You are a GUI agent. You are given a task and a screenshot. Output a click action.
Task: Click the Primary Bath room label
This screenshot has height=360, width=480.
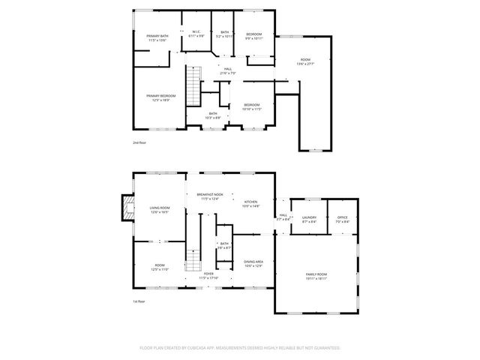(157, 38)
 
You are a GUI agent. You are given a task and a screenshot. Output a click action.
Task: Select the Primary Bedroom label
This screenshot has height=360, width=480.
(161, 97)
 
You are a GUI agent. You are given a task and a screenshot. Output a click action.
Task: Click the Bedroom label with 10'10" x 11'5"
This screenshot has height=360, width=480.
(251, 106)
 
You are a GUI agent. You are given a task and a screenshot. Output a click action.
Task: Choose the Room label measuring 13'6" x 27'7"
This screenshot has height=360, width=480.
(305, 61)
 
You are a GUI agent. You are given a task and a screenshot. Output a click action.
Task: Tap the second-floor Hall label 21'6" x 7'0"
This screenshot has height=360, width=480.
(228, 71)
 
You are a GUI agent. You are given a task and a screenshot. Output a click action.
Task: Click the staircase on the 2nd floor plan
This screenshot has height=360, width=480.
(194, 86)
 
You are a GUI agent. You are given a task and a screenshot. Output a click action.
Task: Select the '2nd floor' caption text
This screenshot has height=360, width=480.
(140, 141)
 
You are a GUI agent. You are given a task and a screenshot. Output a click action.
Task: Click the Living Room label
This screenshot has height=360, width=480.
(159, 209)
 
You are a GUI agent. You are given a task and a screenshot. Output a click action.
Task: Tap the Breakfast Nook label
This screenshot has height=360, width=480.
(211, 196)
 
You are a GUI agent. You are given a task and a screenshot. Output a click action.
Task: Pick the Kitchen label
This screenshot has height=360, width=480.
(250, 203)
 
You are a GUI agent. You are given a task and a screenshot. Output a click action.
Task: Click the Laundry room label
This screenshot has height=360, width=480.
(308, 220)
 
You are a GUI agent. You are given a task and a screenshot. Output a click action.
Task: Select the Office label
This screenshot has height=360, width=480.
(342, 220)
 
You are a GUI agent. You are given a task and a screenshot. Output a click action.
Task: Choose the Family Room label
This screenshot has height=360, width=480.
(316, 276)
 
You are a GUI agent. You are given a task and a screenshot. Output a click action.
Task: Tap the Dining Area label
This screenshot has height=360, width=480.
(253, 263)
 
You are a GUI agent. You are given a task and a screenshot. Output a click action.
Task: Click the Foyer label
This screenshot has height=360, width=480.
(209, 275)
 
